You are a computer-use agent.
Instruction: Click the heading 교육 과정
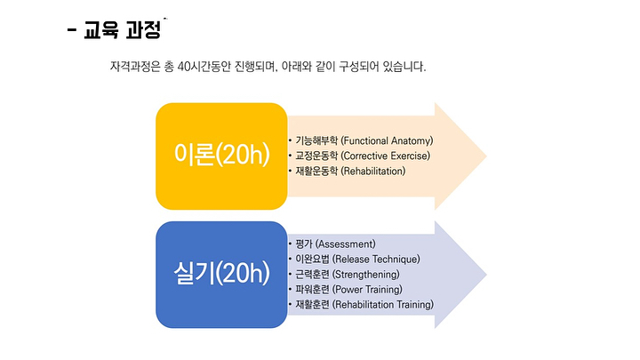122,31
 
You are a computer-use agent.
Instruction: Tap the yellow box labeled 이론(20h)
221,155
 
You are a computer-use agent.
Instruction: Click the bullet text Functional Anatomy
388,140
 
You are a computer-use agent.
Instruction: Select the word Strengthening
374,275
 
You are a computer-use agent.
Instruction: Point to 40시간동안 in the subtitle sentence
210,67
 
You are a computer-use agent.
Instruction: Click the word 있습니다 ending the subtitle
406,67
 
